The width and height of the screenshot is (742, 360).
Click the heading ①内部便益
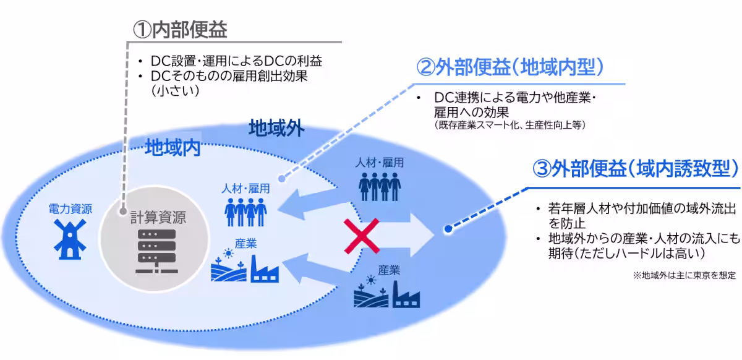(x=180, y=28)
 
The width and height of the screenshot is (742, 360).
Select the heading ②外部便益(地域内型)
(x=511, y=67)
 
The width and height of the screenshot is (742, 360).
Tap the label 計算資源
(x=157, y=218)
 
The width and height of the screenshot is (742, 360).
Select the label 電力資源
(x=70, y=210)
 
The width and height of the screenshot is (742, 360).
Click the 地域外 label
(x=276, y=129)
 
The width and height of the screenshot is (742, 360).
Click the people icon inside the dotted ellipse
(x=245, y=213)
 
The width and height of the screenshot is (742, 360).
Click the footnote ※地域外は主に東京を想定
(x=684, y=275)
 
